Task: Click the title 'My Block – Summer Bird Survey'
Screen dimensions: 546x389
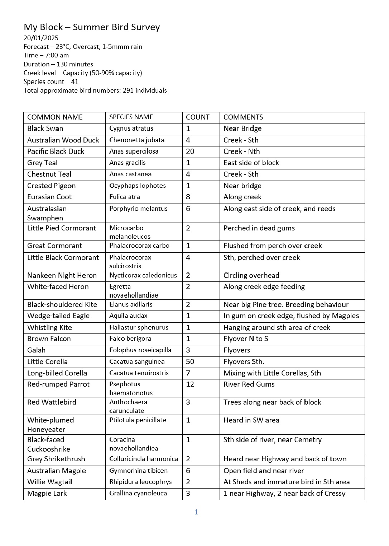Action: pyautogui.click(x=92, y=27)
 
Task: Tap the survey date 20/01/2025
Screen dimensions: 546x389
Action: pyautogui.click(x=41, y=38)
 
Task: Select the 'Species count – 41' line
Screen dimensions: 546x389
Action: pyautogui.click(x=51, y=81)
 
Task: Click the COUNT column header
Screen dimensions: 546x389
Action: pyautogui.click(x=198, y=117)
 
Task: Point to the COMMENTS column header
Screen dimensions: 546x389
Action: pyautogui.click(x=243, y=117)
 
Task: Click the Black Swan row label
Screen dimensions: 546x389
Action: pyautogui.click(x=45, y=129)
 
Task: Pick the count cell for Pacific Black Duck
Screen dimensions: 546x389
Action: pyautogui.click(x=190, y=151)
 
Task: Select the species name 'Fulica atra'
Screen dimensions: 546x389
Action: pyautogui.click(x=125, y=197)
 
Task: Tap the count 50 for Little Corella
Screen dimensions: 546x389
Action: pyautogui.click(x=190, y=361)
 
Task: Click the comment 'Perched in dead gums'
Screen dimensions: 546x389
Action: pyautogui.click(x=259, y=228)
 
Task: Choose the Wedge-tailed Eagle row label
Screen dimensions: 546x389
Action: pyautogui.click(x=58, y=316)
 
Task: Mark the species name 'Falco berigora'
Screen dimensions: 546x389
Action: pyautogui.click(x=130, y=339)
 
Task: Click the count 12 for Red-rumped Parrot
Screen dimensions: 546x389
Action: pyautogui.click(x=190, y=384)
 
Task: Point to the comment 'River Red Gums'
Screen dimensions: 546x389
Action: pyautogui.click(x=249, y=384)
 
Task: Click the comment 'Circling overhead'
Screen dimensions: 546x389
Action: pyautogui.click(x=251, y=275)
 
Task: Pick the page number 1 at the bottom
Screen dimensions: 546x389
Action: pyautogui.click(x=196, y=512)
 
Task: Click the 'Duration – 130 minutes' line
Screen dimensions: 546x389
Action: pyautogui.click(x=58, y=64)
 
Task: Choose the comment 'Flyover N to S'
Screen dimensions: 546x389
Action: pyautogui.click(x=246, y=339)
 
